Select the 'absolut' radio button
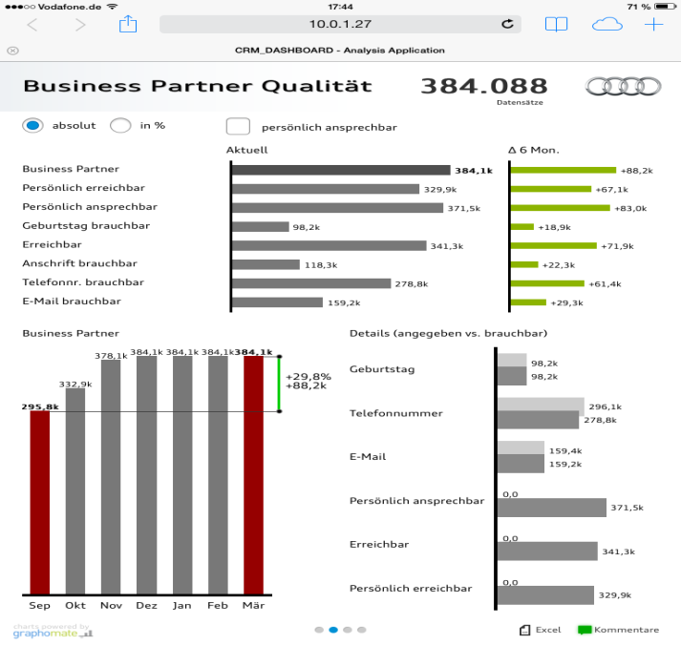pos(33,126)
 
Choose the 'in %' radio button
pos(120,126)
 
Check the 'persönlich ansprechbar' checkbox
pos(238,126)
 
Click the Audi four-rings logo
pos(623,86)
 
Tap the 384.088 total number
pos(484,86)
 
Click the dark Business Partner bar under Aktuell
pos(341,170)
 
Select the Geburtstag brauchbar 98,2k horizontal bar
pos(261,227)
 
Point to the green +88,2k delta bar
pos(564,170)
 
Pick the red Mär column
pos(253,474)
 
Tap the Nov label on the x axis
pos(111,605)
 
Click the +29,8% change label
pos(306,375)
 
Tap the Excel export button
pos(541,630)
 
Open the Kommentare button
pos(618,630)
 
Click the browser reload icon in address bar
pos(506,25)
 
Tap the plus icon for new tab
pos(653,25)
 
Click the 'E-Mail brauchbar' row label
pos(72,302)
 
